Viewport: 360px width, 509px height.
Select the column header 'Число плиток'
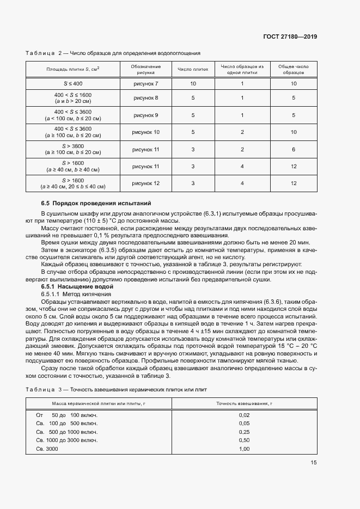click(193, 69)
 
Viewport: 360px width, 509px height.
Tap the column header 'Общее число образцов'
click(293, 69)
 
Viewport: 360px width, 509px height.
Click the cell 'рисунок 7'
click(145, 84)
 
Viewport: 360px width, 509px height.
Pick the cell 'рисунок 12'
click(145, 183)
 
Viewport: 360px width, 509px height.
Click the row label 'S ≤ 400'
click(72, 84)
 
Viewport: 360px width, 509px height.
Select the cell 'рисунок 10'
click(145, 132)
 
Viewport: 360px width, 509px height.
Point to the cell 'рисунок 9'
click(145, 115)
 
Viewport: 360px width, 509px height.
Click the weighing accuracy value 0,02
click(244, 415)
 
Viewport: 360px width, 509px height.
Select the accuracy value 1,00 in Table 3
click(244, 449)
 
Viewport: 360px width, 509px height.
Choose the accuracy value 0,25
click(244, 432)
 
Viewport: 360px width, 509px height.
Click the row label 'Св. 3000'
click(47, 449)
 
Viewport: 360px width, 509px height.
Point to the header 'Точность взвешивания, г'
click(244, 403)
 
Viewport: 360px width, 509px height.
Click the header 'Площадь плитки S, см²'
click(72, 69)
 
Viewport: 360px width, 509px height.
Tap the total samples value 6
click(293, 149)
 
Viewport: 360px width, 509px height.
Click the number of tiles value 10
click(193, 84)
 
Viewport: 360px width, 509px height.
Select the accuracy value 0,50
click(244, 440)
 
